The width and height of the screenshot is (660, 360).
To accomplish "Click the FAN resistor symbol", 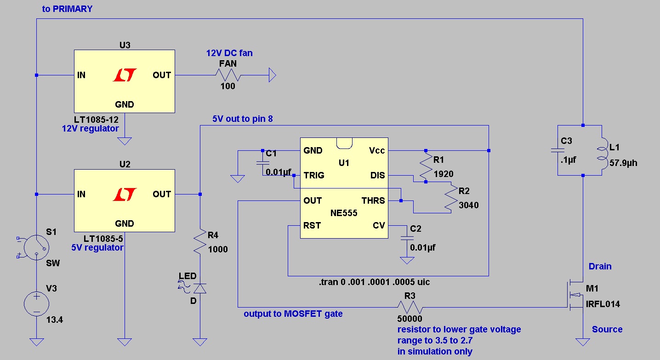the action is click(228, 75).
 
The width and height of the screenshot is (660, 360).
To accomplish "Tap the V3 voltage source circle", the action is click(36, 304).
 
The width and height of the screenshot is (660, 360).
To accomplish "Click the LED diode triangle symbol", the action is click(200, 288).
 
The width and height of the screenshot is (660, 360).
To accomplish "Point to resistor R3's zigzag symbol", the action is click(410, 307).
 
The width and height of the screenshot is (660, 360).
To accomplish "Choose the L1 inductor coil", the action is click(603, 153).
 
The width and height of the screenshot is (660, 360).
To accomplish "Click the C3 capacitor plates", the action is click(558, 151).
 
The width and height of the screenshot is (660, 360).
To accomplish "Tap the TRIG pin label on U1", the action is click(314, 176).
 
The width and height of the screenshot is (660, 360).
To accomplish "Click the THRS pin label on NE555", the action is click(373, 200).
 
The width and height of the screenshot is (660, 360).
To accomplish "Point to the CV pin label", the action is click(379, 226).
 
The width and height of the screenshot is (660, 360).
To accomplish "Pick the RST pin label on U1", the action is click(312, 226).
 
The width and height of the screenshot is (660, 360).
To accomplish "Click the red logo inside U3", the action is click(125, 75).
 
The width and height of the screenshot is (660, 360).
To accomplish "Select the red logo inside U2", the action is click(125, 194).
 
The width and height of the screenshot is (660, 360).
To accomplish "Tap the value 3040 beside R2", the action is click(468, 205).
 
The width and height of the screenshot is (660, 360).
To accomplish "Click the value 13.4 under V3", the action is click(55, 320).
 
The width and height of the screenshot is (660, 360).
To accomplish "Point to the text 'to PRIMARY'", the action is click(67, 9).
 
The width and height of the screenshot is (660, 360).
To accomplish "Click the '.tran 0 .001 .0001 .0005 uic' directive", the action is click(374, 282).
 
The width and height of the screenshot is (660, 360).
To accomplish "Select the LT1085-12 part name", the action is click(96, 120).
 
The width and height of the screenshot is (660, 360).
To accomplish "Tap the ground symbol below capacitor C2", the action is click(407, 260).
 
